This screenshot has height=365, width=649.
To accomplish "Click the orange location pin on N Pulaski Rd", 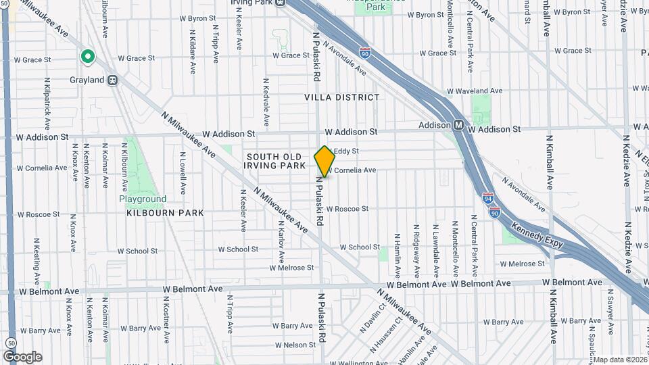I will coord(324,161).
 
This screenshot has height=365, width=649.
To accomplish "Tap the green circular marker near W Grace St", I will coord(87,57).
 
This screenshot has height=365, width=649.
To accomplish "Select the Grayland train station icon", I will coord(113,80).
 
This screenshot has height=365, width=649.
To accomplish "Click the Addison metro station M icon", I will coord(458,125).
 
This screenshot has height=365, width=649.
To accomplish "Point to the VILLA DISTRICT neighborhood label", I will coord(341,97).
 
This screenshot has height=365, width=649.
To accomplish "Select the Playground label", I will coord(143,199).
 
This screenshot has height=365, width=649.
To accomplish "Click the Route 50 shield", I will coord(10,343).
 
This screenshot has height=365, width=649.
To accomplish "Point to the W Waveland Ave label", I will coord(475,91).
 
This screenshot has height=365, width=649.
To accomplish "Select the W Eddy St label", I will coord(346,151).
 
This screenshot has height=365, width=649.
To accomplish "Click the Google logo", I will coord(22,356).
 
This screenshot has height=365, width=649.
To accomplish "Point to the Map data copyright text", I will coord(619,360).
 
